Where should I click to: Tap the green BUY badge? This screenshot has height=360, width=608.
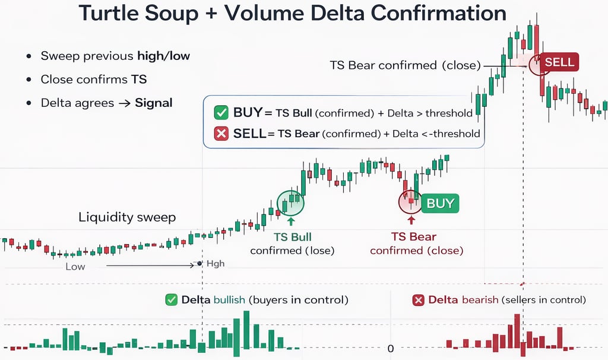pos(440,203)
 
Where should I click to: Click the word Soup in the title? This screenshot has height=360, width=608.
pos(166,13)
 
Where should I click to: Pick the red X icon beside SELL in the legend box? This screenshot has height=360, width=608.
pos(221,134)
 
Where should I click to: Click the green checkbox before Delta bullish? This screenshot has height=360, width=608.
pos(172,300)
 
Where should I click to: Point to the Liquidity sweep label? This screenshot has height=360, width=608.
pos(127,217)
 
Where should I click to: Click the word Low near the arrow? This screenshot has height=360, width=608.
pos(75,267)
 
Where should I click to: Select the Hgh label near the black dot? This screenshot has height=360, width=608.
pos(216,264)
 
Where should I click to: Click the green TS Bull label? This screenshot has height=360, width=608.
pos(291,237)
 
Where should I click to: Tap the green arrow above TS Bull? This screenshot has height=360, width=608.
pos(291,221)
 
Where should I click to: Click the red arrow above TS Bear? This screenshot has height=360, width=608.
pos(411,220)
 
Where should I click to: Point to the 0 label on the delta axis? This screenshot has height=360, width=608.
pos(390,349)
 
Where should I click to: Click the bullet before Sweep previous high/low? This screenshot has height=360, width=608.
pos(29,56)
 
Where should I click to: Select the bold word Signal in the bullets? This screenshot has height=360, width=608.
pos(154,103)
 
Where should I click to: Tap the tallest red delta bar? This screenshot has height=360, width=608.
pos(517,335)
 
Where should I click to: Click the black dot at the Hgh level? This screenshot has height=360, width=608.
pos(200,263)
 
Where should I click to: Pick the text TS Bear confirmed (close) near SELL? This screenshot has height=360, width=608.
pos(405,65)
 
